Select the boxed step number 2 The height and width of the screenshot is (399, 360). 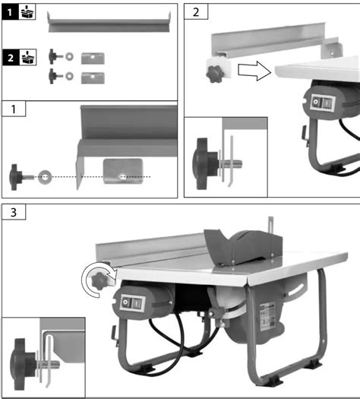tap(197, 13)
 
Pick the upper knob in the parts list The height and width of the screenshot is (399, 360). tap(55, 55)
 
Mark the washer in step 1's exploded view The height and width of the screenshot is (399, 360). tap(45, 176)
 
